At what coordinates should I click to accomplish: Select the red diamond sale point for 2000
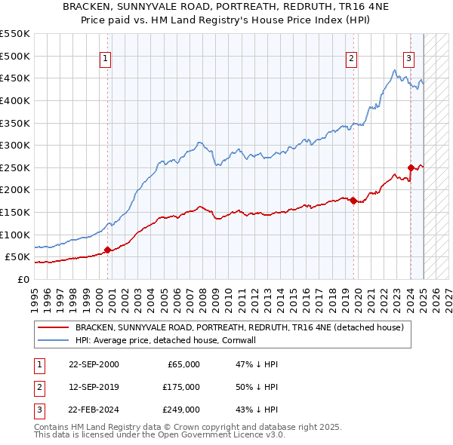coord(107,250)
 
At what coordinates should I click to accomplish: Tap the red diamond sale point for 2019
coord(353,200)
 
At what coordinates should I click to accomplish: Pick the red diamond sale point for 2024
coord(411,167)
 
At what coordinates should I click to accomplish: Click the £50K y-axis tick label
coord(17,257)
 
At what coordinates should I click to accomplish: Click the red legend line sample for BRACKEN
coord(53,327)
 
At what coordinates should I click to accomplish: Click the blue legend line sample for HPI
coord(53,340)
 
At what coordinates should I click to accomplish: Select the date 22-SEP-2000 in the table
coord(93,364)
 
